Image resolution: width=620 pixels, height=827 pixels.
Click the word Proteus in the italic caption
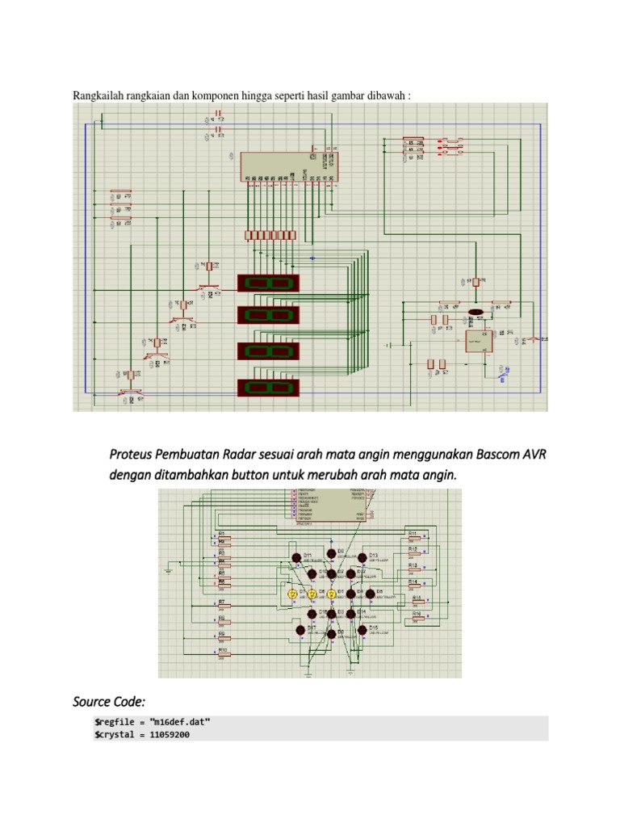[132, 455]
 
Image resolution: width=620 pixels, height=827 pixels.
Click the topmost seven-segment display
[268, 283]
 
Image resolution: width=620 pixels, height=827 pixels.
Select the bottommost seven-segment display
[268, 388]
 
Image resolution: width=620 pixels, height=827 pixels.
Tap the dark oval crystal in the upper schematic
[476, 311]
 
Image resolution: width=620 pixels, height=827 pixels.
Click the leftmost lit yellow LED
[293, 594]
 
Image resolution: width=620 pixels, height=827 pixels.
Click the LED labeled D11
[297, 557]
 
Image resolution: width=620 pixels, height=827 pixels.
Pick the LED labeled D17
[300, 629]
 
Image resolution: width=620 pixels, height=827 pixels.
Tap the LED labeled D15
[362, 629]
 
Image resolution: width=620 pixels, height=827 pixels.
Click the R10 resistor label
[222, 649]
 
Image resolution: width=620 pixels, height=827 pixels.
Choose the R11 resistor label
[412, 533]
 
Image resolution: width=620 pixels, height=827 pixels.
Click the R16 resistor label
[417, 614]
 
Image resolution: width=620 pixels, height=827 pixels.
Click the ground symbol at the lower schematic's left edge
[168, 570]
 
